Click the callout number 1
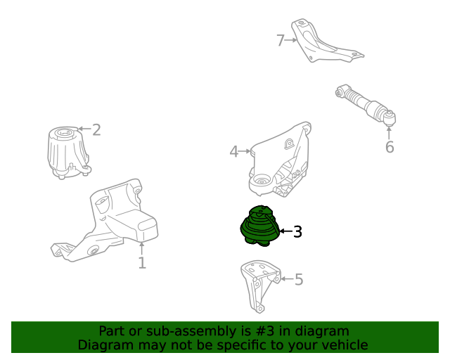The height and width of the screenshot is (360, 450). [x=142, y=263]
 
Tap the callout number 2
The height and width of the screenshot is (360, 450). [x=96, y=129]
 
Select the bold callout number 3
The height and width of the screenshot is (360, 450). [x=297, y=231]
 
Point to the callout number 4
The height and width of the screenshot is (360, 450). [x=234, y=151]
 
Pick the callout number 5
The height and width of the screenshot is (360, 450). [x=299, y=280]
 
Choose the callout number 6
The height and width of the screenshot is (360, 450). [x=390, y=147]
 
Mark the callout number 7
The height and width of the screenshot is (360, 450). [x=281, y=41]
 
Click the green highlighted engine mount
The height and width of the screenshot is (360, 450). [x=259, y=225]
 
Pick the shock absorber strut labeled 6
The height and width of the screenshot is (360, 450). [x=366, y=107]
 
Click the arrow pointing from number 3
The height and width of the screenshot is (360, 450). [x=285, y=231]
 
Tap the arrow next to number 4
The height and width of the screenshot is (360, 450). [x=245, y=150]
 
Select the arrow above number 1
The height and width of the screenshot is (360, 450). [x=142, y=247]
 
